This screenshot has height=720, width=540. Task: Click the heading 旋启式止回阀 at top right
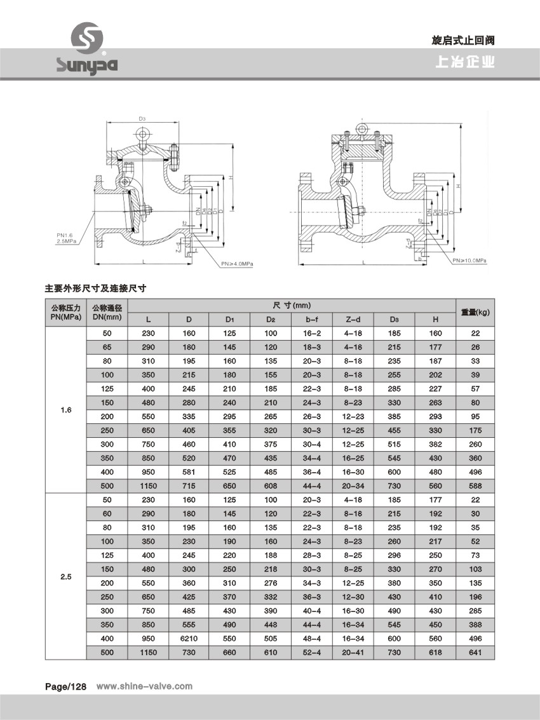pos(462,40)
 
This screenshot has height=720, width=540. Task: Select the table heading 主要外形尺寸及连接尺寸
pos(96,288)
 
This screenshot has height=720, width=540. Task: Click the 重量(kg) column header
pos(476,311)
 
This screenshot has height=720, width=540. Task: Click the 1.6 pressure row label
pos(65,410)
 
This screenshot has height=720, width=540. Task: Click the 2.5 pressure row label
pos(65,577)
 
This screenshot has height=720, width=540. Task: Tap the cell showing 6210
pos(189,639)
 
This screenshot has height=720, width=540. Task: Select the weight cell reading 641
pos(476,653)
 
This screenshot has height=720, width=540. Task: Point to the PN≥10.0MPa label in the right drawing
pos(469,261)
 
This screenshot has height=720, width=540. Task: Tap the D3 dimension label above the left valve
pos(142,119)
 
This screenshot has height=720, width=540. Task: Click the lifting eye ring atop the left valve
pos(142,135)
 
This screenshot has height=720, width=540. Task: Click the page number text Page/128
pos(65,686)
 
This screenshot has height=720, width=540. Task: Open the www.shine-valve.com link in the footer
pos(144,686)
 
